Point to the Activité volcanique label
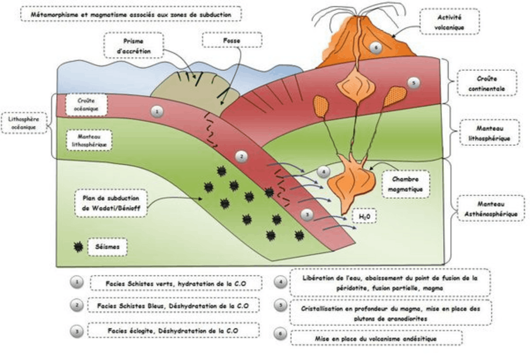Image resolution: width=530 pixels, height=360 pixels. pyautogui.click(x=449, y=22)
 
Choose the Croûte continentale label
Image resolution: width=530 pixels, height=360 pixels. pyautogui.click(x=487, y=83)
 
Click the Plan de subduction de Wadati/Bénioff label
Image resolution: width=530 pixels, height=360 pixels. pyautogui.click(x=111, y=203)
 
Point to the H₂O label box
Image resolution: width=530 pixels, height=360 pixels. pyautogui.click(x=364, y=216)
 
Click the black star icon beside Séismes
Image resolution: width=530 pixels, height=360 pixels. pyautogui.click(x=77, y=247)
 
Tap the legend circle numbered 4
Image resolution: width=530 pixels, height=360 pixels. pyautogui.click(x=280, y=282)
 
